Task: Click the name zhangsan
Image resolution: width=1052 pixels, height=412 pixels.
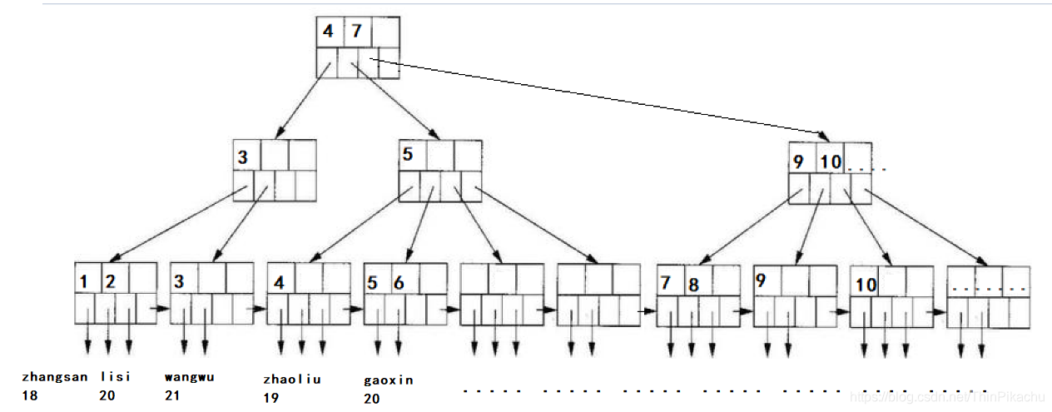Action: [55, 377]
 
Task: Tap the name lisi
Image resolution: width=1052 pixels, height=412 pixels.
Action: [116, 377]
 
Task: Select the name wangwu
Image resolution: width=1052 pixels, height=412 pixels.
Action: [189, 377]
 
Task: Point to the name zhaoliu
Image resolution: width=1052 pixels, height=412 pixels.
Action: [291, 380]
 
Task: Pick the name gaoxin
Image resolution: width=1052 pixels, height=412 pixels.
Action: [388, 380]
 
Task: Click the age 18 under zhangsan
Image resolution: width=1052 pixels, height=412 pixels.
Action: [30, 396]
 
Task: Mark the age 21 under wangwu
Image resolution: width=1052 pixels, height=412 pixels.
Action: [172, 396]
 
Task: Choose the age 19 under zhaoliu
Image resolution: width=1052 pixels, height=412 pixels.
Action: [270, 399]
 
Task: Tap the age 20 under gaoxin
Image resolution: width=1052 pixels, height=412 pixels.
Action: [371, 400]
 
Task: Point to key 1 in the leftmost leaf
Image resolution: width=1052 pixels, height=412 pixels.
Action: [84, 282]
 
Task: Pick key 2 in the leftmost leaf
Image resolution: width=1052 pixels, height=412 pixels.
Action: [109, 282]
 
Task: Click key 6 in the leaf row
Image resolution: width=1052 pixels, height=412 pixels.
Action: [399, 283]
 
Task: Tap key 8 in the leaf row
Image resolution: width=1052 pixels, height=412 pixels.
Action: [692, 285]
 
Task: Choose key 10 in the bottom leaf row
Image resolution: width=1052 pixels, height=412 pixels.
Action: [866, 285]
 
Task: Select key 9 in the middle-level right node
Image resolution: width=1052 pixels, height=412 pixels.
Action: [798, 161]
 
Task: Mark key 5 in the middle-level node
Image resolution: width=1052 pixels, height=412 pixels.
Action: [408, 156]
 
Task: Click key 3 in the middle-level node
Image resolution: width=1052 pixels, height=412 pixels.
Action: [243, 156]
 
